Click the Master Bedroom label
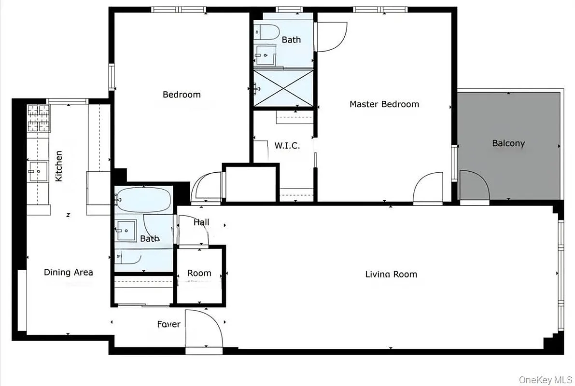pyautogui.click(x=384, y=104)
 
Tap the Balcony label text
pyautogui.click(x=508, y=143)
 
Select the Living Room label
pyautogui.click(x=391, y=275)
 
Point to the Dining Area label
pyautogui.click(x=68, y=272)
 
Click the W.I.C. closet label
pyautogui.click(x=287, y=145)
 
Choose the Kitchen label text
pyautogui.click(x=58, y=166)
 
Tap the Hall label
pyautogui.click(x=201, y=222)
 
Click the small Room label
pyautogui.click(x=199, y=273)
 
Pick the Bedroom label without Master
pyautogui.click(x=181, y=95)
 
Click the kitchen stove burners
pyautogui.click(x=38, y=119)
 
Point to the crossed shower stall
pyautogui.click(x=283, y=89)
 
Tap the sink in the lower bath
pyautogui.click(x=126, y=231)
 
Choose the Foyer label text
pyautogui.click(x=168, y=324)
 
